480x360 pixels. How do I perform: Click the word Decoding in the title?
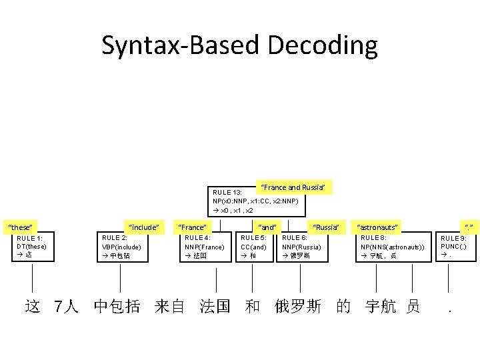(x=322, y=46)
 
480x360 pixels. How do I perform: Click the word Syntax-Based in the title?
(x=181, y=46)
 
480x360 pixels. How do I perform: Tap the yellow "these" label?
(x=21, y=227)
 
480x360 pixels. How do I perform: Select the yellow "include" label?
(x=143, y=227)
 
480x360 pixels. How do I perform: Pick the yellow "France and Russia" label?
(x=294, y=187)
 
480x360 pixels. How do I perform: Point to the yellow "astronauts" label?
(x=377, y=227)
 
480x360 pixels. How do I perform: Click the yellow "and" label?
(x=267, y=227)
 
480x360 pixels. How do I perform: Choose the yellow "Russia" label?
(x=326, y=227)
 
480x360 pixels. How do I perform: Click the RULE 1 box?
(x=32, y=246)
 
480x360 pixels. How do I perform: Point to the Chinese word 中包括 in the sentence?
(x=117, y=306)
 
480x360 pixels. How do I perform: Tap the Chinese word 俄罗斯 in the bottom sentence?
(x=298, y=306)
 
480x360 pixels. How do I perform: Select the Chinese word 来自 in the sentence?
(x=169, y=306)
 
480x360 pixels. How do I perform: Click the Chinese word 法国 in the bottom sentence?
(x=215, y=306)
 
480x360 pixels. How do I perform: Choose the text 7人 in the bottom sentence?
(x=66, y=306)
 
